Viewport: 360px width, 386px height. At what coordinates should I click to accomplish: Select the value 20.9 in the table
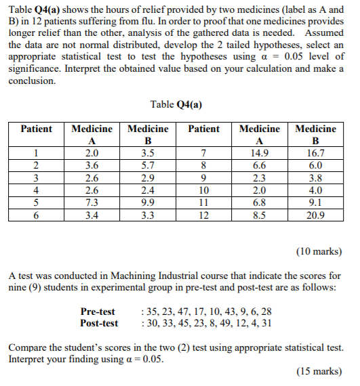[x=315, y=215]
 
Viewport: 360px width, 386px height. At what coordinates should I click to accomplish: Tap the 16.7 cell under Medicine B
[x=315, y=153]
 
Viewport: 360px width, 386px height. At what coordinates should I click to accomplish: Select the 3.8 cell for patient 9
[x=315, y=178]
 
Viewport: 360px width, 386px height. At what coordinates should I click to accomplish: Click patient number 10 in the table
[x=203, y=190]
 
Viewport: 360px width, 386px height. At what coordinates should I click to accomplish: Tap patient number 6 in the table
[x=36, y=215]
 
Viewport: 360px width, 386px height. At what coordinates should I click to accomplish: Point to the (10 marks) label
[x=319, y=252]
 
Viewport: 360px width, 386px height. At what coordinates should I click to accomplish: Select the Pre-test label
[x=98, y=312]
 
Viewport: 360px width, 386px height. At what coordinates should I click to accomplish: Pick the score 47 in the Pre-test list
[x=183, y=312]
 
